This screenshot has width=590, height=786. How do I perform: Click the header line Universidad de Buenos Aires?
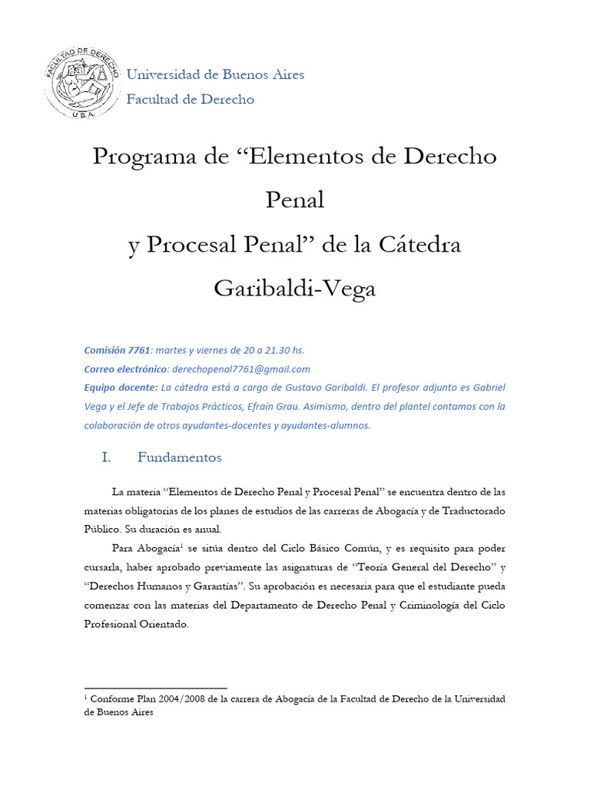(x=215, y=74)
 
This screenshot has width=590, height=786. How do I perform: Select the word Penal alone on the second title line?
(x=295, y=200)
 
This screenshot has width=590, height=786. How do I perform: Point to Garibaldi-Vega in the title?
(x=295, y=289)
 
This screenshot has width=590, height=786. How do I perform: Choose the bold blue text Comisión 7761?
(x=118, y=350)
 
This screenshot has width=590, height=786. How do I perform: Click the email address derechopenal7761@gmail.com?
(x=241, y=369)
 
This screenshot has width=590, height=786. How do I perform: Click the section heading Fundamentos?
(x=180, y=457)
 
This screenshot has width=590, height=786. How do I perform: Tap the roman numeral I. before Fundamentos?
(x=107, y=457)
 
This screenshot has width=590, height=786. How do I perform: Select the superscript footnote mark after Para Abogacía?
(x=181, y=546)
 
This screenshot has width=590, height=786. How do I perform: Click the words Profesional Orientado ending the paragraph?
(x=135, y=625)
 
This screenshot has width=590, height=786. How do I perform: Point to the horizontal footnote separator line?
(x=155, y=689)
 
